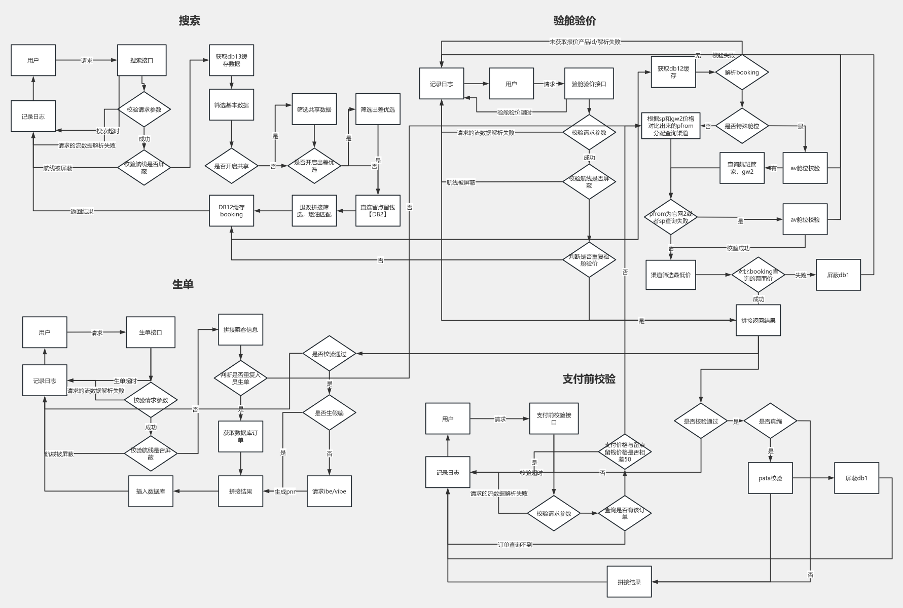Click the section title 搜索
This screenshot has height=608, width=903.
point(189,21)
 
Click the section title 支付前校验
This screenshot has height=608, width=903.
point(589,379)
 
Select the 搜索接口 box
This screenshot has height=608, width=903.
point(141,60)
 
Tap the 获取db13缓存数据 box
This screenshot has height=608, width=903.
point(231,60)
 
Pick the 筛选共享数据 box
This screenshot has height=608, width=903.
point(314,109)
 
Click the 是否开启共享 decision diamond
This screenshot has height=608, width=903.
point(231,166)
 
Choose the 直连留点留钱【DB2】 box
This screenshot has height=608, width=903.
point(378,211)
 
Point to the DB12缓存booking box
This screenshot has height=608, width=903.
point(231,211)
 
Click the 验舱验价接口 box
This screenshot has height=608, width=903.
point(589,84)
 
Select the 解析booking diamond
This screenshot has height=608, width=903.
point(742,72)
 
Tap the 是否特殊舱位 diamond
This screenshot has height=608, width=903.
point(742,126)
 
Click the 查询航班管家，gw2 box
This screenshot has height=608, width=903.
point(742,168)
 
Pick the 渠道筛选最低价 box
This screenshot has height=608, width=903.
point(670,275)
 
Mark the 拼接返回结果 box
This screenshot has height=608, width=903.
point(758,320)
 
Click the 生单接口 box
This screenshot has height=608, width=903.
point(151,332)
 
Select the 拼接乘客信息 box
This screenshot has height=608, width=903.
point(240,330)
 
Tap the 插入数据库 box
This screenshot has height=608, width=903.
point(151,491)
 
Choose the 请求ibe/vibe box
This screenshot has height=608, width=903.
point(329,491)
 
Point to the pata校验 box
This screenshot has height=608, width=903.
point(770,478)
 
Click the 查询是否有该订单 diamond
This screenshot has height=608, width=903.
point(625,513)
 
